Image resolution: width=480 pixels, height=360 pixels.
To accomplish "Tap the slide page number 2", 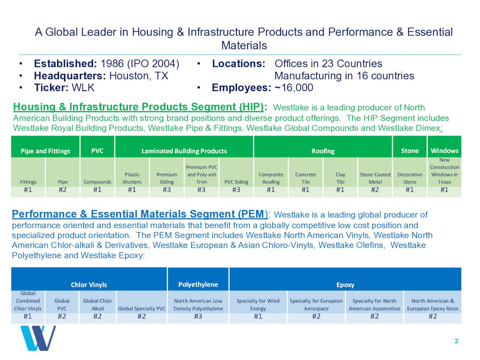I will click(x=456, y=341).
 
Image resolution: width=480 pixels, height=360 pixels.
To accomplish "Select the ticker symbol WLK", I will click(x=83, y=88).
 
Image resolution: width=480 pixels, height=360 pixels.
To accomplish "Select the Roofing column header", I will click(x=323, y=151).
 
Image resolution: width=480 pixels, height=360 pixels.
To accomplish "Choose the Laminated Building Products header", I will click(x=184, y=151).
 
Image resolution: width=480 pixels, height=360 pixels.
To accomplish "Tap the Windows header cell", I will click(x=444, y=151).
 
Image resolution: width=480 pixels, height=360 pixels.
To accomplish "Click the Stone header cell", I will click(x=409, y=151).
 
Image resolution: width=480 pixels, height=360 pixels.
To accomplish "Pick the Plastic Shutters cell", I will click(x=132, y=178).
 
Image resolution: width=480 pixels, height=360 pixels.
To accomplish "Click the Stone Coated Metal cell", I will click(x=375, y=178).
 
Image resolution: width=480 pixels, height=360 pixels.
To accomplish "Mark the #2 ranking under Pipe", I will click(x=63, y=190).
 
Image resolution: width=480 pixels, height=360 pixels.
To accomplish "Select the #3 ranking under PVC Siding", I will click(x=236, y=190).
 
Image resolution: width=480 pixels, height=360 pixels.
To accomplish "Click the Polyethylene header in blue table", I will click(x=198, y=284).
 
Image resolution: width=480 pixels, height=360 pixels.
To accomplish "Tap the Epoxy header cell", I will click(x=345, y=285).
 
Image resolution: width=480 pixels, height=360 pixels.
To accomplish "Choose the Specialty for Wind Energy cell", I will click(x=258, y=304).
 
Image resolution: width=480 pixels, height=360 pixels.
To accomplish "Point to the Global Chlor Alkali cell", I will click(x=97, y=304).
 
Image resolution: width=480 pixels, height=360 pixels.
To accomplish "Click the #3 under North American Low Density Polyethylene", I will click(x=198, y=316).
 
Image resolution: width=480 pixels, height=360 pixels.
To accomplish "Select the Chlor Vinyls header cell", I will click(x=89, y=285).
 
